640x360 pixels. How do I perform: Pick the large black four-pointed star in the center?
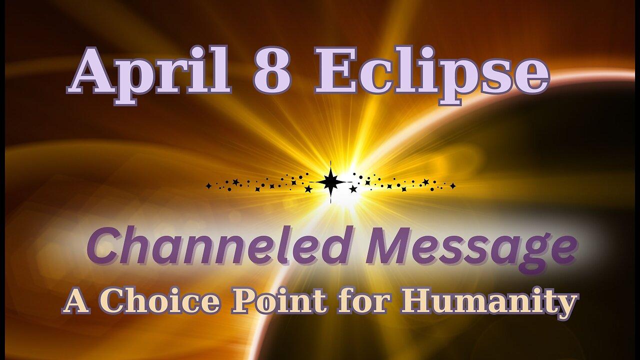coord(330,182)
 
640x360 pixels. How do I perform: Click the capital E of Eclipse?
coord(335,75)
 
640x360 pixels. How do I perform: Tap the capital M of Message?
coord(387,247)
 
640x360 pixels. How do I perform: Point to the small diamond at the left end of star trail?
coord(208,186)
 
